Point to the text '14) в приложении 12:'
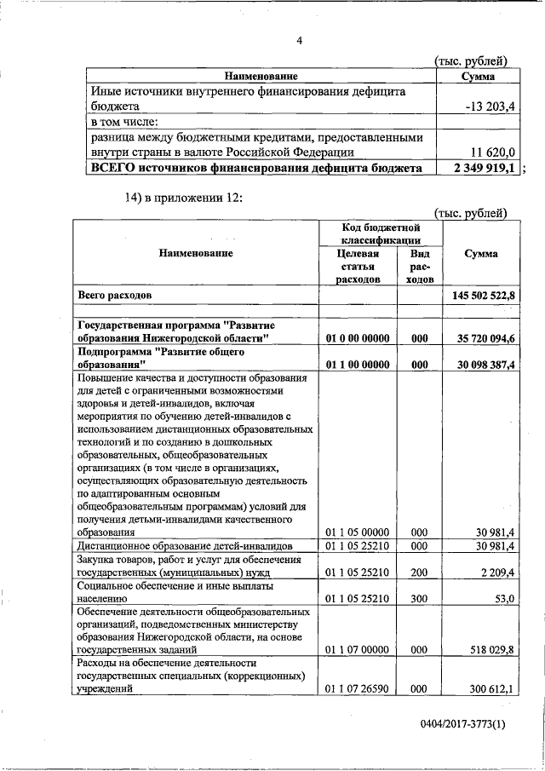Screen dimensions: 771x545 [183, 198]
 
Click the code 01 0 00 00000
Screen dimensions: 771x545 [359, 338]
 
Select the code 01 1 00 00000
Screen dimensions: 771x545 [359, 365]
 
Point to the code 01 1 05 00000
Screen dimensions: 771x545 [359, 532]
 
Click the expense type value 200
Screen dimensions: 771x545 [419, 573]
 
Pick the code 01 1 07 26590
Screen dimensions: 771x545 [359, 688]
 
